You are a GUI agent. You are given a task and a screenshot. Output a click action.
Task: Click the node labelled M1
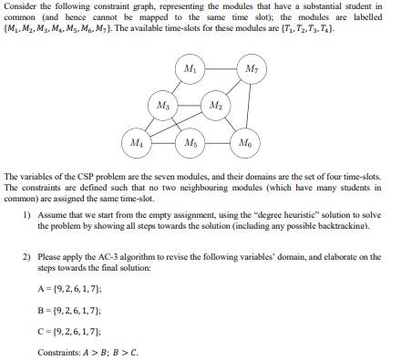[x=189, y=70]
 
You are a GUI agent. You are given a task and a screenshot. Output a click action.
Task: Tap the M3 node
[x=163, y=107]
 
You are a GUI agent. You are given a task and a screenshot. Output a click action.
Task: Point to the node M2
[x=215, y=107]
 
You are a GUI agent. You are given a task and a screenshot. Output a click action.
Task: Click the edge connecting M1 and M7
[x=220, y=70]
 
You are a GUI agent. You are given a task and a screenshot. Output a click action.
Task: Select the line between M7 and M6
[x=249, y=107]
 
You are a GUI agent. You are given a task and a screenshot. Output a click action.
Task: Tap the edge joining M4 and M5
[x=163, y=143]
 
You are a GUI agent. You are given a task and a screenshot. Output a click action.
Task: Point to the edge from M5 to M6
[x=217, y=143]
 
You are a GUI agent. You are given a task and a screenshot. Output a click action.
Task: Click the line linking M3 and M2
[x=189, y=107]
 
